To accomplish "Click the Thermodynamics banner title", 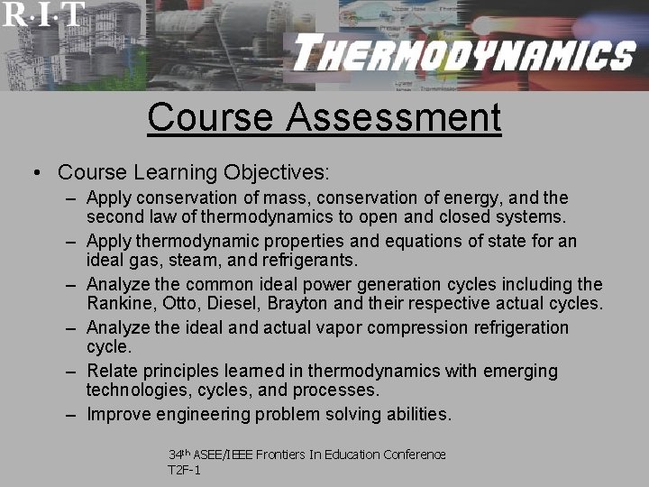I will pos(463,56).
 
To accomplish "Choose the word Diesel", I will pos(229,304).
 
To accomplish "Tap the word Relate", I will pos(111,371).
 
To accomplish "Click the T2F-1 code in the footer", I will pos(184,470).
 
